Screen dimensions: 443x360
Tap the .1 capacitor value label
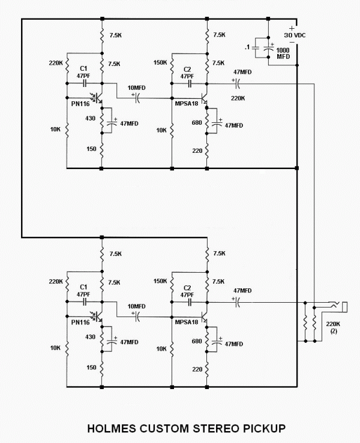tap(248, 47)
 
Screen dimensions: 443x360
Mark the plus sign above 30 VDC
tap(292, 28)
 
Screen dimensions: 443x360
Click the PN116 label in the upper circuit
tap(80, 104)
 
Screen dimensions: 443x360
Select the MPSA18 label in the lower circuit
tap(186, 322)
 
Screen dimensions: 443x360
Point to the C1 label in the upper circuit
tap(83, 69)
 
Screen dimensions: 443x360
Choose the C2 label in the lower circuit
tap(187, 287)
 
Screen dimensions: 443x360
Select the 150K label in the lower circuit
tap(160, 281)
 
